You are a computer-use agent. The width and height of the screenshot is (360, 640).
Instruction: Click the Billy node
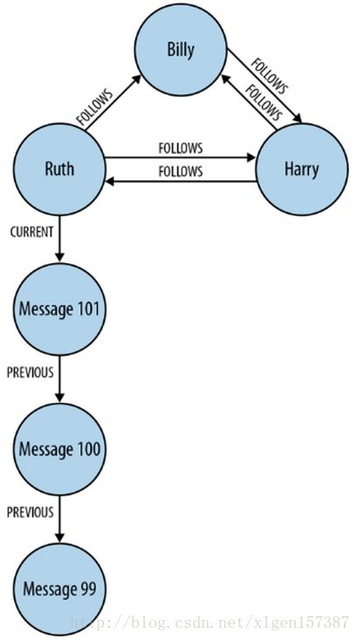pos(181,49)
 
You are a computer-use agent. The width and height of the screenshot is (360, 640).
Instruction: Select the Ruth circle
pos(59,169)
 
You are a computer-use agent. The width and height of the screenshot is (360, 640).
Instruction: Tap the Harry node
pos(301,169)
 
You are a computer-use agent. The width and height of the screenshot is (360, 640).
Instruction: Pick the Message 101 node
pos(59,309)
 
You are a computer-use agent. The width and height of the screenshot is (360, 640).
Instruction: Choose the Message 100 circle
pos(59,449)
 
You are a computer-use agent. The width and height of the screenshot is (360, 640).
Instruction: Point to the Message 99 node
pos(59,589)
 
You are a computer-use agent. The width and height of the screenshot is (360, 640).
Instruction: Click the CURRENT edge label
pos(31,233)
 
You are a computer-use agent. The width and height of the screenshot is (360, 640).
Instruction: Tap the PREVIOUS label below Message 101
pos(31,372)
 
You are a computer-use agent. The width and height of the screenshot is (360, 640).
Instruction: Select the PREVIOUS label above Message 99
pos(31,512)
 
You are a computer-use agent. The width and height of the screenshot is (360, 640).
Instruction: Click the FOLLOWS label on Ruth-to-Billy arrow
pos(94,107)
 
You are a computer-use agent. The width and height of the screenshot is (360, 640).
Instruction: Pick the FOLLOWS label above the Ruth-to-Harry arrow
pos(181,148)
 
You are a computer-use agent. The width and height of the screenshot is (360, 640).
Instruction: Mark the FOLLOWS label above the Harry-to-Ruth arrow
pos(181,171)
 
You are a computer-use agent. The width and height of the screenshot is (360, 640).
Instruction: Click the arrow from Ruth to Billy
pos(113,103)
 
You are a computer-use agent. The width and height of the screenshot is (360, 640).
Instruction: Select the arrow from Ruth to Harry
pos(180,157)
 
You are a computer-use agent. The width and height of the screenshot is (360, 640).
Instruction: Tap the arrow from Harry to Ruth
pos(181,181)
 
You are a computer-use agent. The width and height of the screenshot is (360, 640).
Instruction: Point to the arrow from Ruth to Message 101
pos(59,239)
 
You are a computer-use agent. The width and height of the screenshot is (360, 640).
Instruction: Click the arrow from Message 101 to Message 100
pos(59,379)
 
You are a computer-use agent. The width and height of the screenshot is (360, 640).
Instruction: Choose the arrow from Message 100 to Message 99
pos(59,518)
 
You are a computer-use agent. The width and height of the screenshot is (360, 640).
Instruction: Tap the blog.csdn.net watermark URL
pos(211,623)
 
